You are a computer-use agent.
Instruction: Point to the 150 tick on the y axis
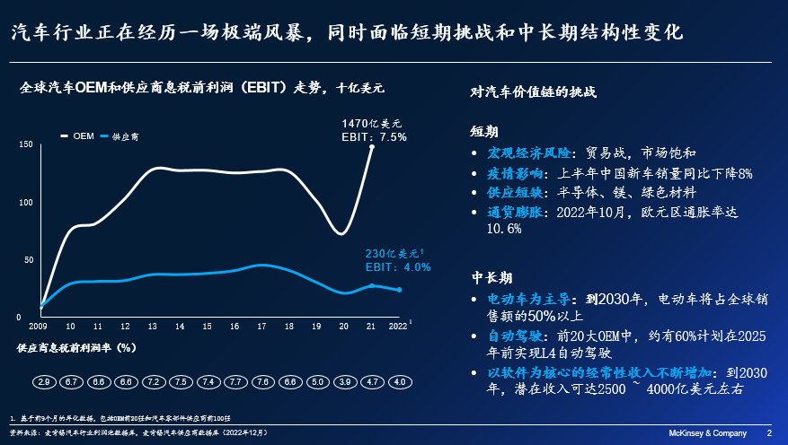[26, 144]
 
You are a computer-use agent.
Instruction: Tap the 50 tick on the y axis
[29, 260]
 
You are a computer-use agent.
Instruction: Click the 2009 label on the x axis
[39, 327]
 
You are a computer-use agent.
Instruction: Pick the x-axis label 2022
[398, 327]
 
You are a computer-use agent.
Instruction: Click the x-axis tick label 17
[261, 327]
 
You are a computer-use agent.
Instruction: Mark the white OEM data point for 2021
[371, 146]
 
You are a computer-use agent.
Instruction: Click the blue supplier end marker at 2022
[399, 290]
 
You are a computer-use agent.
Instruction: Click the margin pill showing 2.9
[43, 382]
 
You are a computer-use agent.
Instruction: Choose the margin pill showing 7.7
[235, 382]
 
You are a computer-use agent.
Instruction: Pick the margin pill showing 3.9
[345, 382]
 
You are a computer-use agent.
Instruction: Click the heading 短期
[485, 131]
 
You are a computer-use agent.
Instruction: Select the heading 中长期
[492, 277]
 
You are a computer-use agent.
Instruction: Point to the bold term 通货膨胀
[516, 213]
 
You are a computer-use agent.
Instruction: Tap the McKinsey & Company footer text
[709, 432]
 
